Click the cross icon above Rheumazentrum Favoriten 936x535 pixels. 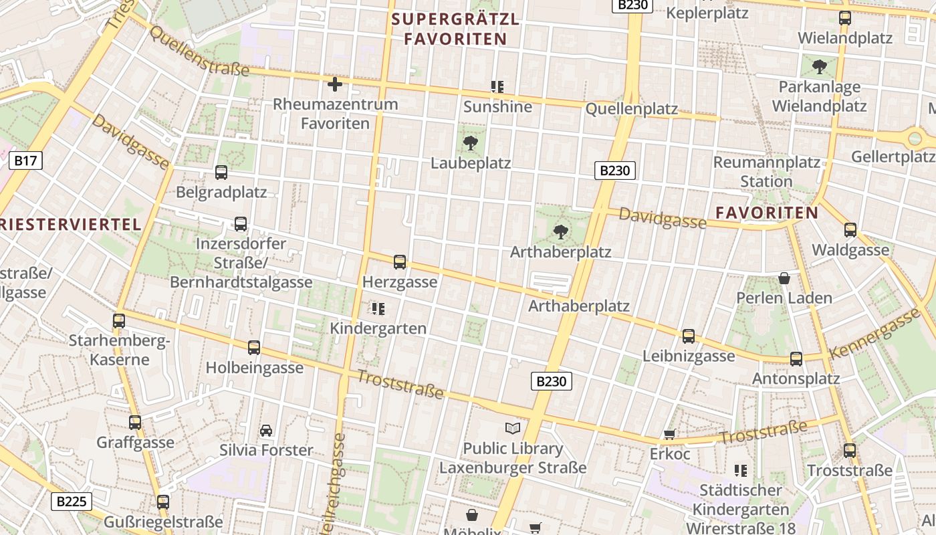pos(335,84)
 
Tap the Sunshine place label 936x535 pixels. pos(497,107)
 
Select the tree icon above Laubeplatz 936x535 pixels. pos(471,142)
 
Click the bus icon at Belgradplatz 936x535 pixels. pos(221,173)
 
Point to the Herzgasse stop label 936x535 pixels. pos(400,282)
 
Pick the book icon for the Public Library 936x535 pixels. pos(513,429)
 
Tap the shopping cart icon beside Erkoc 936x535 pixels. pos(669,435)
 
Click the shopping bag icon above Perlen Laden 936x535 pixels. pos(784,278)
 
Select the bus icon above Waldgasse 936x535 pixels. pos(850,230)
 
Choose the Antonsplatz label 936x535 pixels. pos(796,379)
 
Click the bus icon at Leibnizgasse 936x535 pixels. pos(689,336)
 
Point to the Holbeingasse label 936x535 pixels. pos(254,368)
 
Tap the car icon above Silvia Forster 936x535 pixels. pos(266,430)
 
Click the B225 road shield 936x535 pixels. pos(72,502)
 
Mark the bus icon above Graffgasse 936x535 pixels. pos(135,423)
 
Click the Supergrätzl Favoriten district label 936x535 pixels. pos(455,29)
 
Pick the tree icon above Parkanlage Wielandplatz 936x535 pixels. pos(819,67)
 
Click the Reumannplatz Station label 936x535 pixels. pos(766,172)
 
